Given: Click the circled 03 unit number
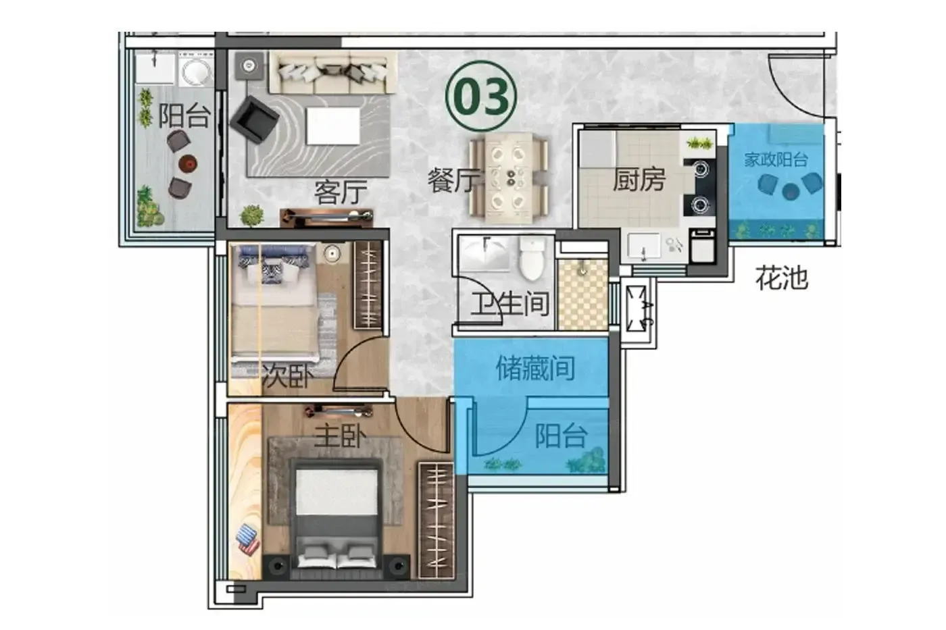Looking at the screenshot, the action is coord(481,96).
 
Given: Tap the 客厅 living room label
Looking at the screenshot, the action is coord(341,192).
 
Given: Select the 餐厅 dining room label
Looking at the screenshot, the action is coord(454,180).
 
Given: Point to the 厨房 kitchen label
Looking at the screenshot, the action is coord(639,180).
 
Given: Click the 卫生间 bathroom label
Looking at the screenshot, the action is coord(509,303).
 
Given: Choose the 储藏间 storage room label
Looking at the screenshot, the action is coord(535,368).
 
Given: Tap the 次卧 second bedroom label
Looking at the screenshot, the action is coord(288,375).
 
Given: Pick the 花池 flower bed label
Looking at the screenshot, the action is coord(782,278).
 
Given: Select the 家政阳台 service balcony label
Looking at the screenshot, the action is coord(776,160).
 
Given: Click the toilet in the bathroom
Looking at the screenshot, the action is coord(532,258).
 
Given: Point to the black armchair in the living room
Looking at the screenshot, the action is coord(254,120).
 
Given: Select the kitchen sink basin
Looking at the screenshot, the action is coord(644,245).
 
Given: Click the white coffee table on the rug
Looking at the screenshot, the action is coord(333,126).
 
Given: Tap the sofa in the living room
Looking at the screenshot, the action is coord(332,72).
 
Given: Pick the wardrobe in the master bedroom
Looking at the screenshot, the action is coord(436,521).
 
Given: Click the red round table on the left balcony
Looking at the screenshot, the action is coord(188,163).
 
